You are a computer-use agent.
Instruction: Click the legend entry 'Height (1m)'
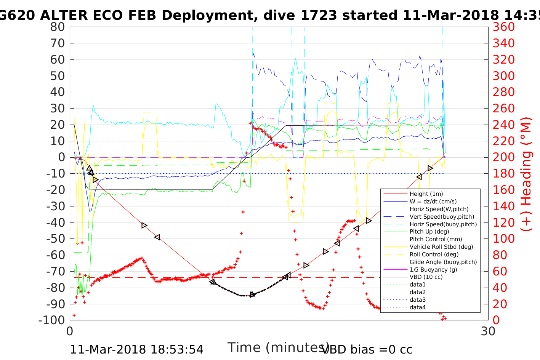[426, 194]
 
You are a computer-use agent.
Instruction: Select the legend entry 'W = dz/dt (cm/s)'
[433, 202]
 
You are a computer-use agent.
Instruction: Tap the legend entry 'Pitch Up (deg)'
[429, 232]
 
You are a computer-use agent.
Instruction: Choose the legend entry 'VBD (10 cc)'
[426, 277]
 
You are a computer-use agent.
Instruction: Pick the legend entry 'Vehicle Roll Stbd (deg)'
[441, 247]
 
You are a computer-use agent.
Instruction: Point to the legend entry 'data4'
[418, 307]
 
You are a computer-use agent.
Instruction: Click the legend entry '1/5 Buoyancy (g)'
[433, 270]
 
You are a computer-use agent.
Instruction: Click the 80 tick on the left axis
[57, 27]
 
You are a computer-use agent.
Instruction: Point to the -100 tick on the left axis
[52, 320]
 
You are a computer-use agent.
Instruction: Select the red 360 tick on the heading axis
[503, 27]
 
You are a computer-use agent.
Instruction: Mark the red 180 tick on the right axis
[503, 174]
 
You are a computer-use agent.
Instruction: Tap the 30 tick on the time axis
[488, 331]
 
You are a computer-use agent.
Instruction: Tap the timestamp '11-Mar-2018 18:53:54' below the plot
[136, 349]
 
